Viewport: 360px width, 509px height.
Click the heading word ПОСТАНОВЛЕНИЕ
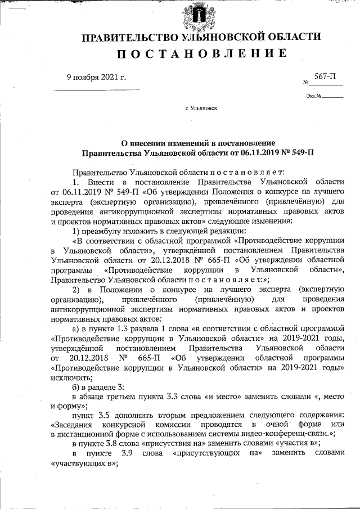(x=202, y=54)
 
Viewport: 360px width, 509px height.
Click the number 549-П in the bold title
(x=303, y=152)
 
